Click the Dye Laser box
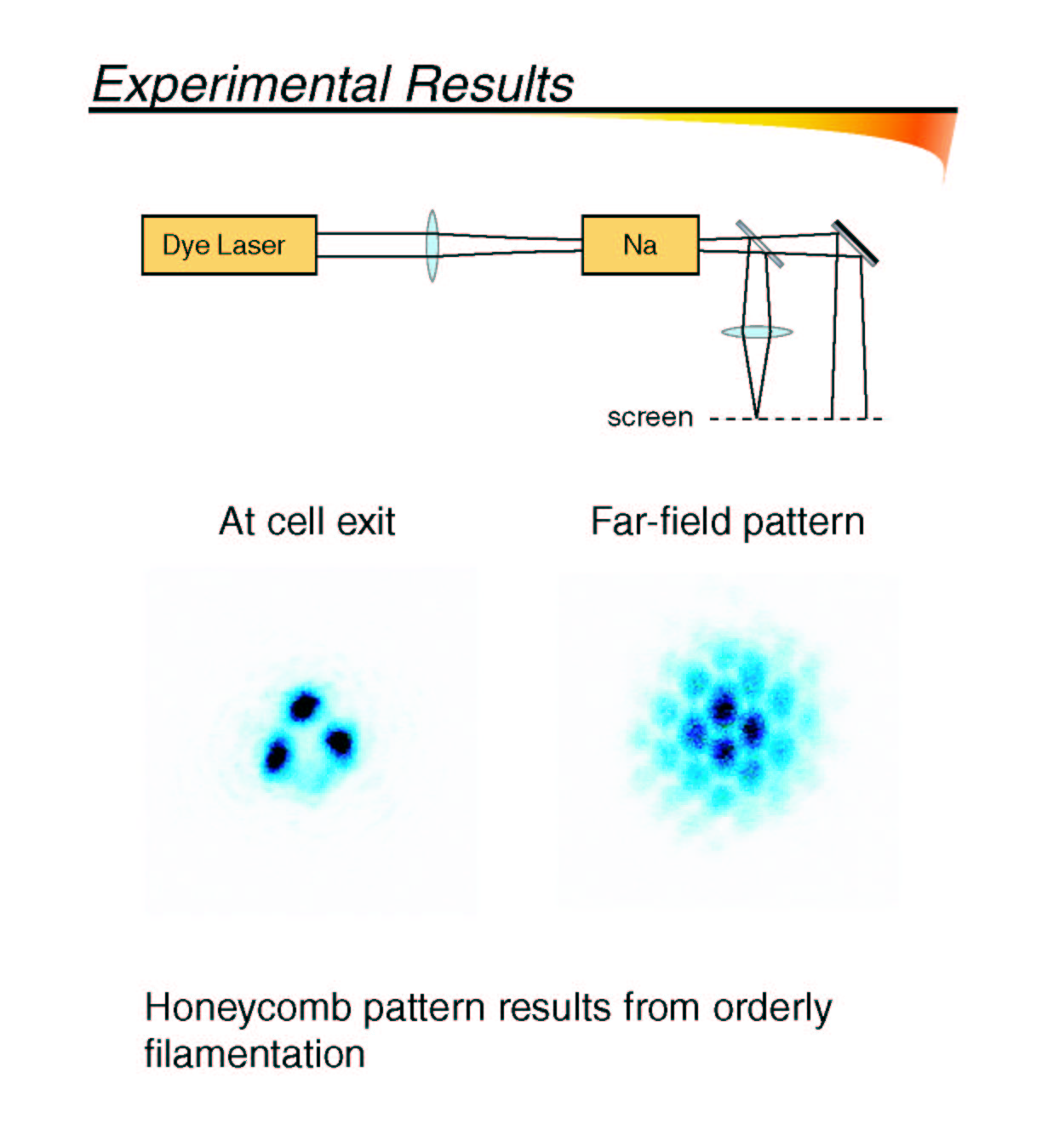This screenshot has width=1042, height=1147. tap(229, 245)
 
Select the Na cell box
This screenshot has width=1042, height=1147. tap(640, 245)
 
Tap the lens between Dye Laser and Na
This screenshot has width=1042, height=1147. tap(432, 245)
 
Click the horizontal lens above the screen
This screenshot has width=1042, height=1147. tap(757, 332)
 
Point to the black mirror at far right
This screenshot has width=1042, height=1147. tap(855, 243)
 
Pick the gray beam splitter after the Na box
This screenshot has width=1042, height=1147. tap(759, 243)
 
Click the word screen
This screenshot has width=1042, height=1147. tap(650, 418)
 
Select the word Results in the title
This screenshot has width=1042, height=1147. tap(490, 83)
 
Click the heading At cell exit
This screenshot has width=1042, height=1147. tap(307, 522)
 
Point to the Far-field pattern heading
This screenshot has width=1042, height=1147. tap(727, 522)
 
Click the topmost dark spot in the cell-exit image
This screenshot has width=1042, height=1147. tap(305, 707)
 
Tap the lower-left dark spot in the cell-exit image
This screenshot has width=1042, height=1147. tap(277, 756)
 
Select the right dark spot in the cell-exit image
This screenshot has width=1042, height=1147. tap(340, 742)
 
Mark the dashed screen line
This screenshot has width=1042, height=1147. tap(796, 419)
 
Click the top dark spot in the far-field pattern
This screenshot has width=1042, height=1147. tap(724, 710)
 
